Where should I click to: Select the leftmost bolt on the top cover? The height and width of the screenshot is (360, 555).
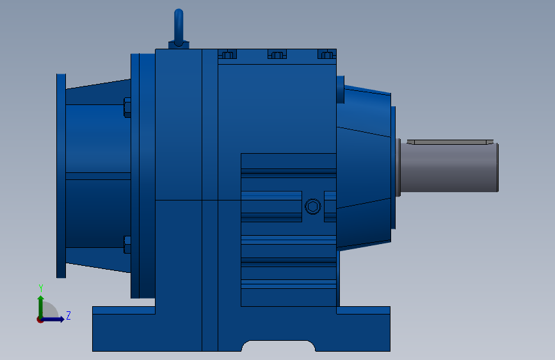click(x=227, y=55)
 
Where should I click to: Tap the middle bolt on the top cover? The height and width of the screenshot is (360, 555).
click(x=277, y=55)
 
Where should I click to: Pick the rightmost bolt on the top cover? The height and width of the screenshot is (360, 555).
click(x=326, y=55)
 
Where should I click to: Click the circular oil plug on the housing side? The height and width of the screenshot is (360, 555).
click(x=312, y=206)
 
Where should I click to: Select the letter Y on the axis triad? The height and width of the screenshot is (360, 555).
click(x=40, y=288)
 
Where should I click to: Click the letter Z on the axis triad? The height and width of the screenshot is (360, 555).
click(x=68, y=315)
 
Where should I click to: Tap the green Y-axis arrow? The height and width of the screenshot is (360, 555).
click(x=40, y=304)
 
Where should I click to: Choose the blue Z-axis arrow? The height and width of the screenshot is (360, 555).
click(x=54, y=319)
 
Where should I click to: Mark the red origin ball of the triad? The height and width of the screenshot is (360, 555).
click(x=40, y=319)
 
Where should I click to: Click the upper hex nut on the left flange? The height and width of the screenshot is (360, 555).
click(x=127, y=107)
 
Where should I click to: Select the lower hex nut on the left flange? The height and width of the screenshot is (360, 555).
click(x=127, y=245)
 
